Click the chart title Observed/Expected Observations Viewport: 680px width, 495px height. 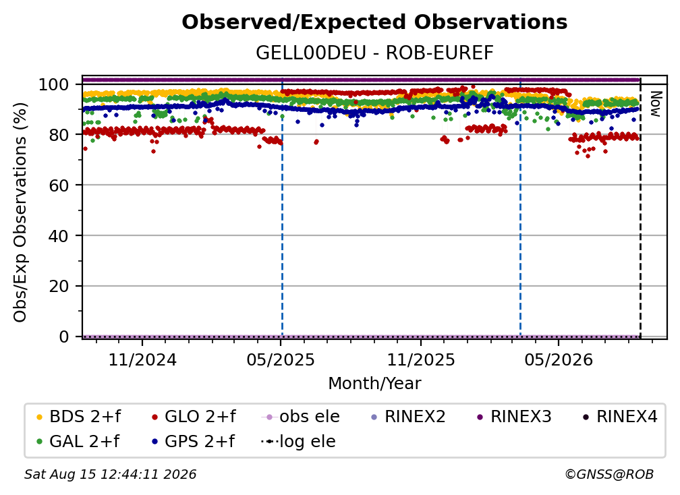374,22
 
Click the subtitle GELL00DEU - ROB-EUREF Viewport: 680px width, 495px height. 374,53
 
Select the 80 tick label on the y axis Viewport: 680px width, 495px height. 59,135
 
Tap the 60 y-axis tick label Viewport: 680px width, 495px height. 59,185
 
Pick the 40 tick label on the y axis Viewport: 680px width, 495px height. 59,236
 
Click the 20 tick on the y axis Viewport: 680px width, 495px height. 59,287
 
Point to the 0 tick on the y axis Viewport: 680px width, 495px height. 63,337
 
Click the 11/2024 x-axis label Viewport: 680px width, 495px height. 142,360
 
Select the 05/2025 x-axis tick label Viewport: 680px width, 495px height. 281,360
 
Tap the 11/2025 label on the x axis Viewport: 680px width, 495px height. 421,360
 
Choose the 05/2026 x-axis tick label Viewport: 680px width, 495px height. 559,360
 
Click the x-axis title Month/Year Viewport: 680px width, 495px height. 374,384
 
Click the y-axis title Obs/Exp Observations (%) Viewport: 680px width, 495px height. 20,212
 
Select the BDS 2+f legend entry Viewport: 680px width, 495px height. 78,417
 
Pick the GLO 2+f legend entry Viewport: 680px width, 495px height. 194,417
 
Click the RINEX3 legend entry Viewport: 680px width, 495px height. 513,417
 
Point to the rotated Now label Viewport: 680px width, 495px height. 655,104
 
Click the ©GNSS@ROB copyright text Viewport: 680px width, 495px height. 609,475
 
